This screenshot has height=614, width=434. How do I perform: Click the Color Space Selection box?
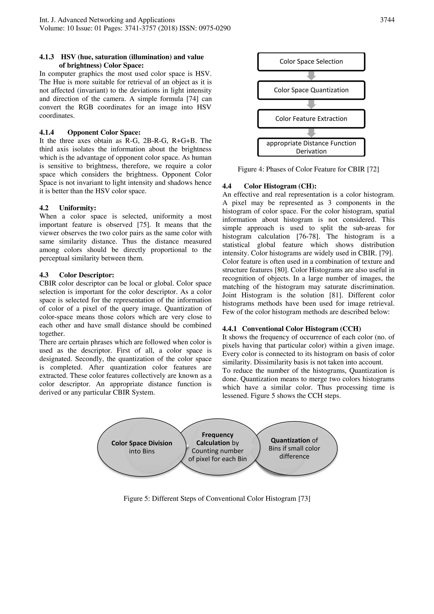pyautogui.click(x=311, y=62)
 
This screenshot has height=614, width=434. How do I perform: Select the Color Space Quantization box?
pyautogui.click(x=311, y=90)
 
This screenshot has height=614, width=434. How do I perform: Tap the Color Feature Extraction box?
pyautogui.click(x=311, y=119)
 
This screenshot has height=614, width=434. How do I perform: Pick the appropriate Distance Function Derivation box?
pyautogui.click(x=311, y=147)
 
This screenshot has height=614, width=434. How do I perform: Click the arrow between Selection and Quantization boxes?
pyautogui.click(x=311, y=76)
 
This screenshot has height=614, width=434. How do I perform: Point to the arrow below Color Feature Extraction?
pyautogui.click(x=311, y=133)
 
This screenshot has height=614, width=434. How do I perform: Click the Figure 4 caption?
pyautogui.click(x=308, y=169)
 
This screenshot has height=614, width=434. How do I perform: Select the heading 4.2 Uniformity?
pyautogui.click(x=78, y=208)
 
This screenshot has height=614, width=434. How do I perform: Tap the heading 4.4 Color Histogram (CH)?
pyautogui.click(x=280, y=186)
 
